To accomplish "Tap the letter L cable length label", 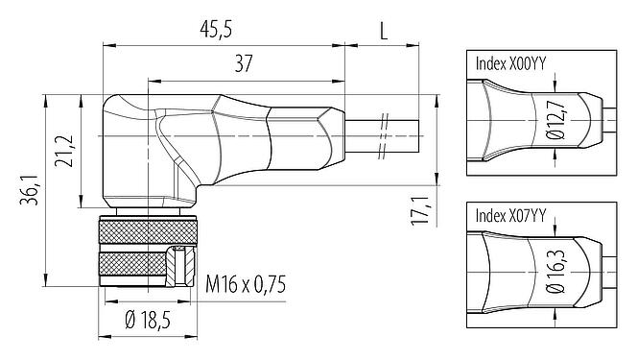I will tap(383, 30).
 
